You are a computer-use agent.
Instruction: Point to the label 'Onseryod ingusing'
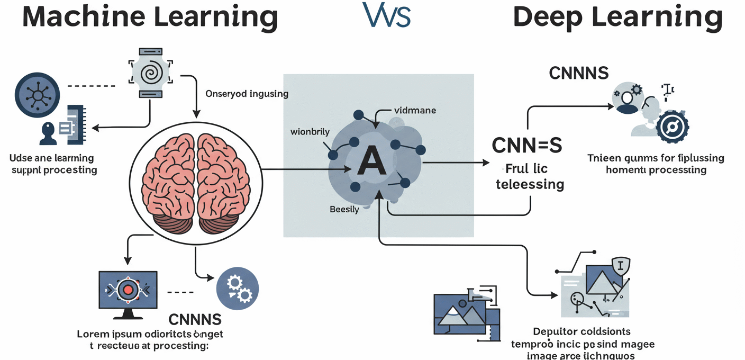[x=247, y=94]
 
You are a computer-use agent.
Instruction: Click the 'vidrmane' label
[x=415, y=111]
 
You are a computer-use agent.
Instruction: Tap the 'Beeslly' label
[x=344, y=209]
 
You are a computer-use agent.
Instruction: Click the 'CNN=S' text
[x=526, y=145]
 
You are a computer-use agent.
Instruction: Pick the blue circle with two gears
[x=237, y=287]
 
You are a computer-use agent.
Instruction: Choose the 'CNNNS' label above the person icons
[x=578, y=73]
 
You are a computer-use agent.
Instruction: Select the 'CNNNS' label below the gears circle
[x=195, y=319]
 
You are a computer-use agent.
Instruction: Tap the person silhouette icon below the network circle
[x=48, y=133]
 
